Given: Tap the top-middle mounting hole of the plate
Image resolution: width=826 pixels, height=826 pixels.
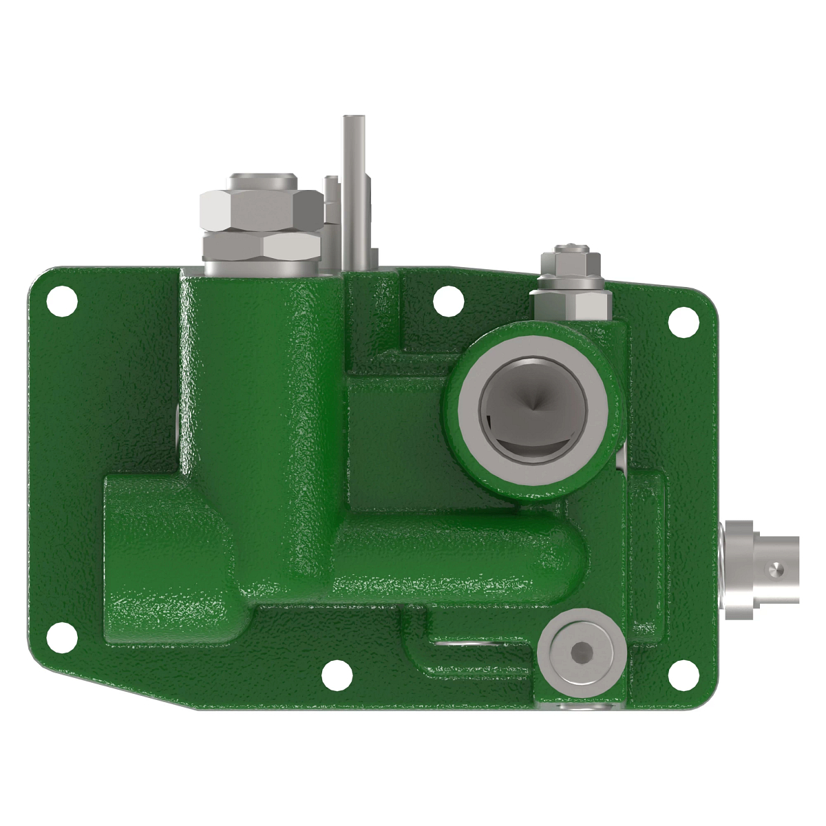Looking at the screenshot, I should (x=447, y=299).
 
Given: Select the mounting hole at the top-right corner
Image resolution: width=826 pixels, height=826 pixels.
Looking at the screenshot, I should (x=684, y=317).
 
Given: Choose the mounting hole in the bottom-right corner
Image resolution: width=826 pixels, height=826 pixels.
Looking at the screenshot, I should (x=684, y=673).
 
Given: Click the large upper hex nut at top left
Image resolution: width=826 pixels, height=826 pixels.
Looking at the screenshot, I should (x=260, y=211).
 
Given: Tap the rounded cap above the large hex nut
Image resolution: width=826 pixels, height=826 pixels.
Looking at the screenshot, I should (x=262, y=182).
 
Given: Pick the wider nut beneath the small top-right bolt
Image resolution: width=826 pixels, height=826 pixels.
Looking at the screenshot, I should (x=570, y=304).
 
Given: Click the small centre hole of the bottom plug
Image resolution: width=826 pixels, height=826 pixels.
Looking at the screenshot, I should (x=582, y=650).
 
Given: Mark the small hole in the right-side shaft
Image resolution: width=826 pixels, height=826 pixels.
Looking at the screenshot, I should (x=774, y=569).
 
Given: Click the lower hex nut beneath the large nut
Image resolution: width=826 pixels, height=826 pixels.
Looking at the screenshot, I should (x=291, y=246).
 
